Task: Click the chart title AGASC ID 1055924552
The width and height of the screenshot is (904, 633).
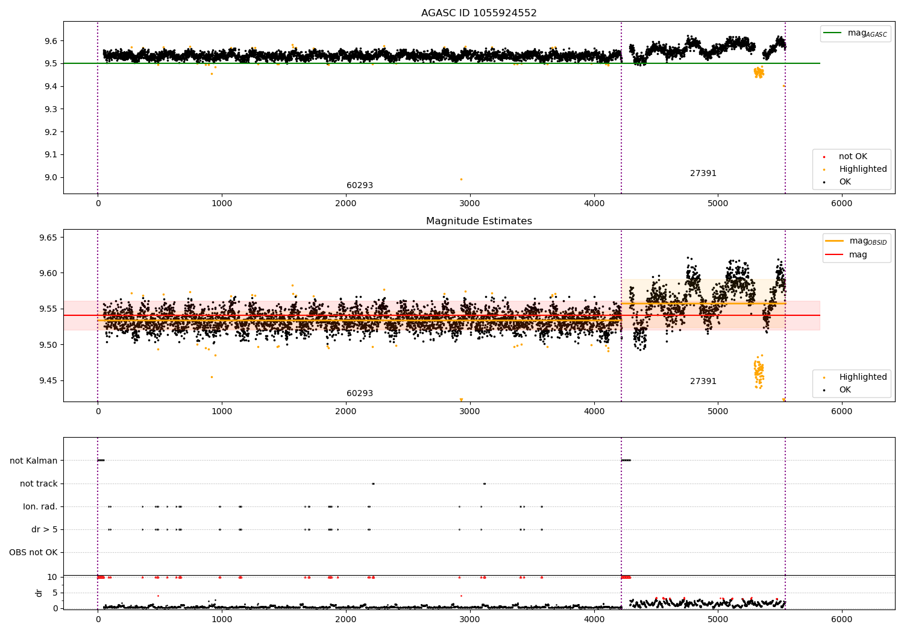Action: pyautogui.click(x=479, y=13)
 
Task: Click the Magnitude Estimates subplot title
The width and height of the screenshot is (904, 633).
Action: pyautogui.click(x=479, y=221)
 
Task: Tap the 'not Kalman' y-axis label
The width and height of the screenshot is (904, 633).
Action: pyautogui.click(x=34, y=461)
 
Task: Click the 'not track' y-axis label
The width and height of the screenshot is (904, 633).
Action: pyautogui.click(x=39, y=483)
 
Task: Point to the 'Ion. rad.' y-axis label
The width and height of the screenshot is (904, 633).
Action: pyautogui.click(x=40, y=506)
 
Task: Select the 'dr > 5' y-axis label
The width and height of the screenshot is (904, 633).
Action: pyautogui.click(x=45, y=529)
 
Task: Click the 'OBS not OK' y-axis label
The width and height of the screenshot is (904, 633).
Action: pyautogui.click(x=33, y=552)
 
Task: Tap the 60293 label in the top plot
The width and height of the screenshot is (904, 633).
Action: pyautogui.click(x=359, y=186)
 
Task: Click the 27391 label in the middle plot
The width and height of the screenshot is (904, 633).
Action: pyautogui.click(x=703, y=382)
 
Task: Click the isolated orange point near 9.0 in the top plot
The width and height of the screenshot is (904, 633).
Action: pyautogui.click(x=461, y=179)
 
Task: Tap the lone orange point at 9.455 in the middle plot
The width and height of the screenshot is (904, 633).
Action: pyautogui.click(x=212, y=377)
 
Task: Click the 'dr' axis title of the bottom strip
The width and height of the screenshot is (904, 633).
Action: pyautogui.click(x=39, y=593)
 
